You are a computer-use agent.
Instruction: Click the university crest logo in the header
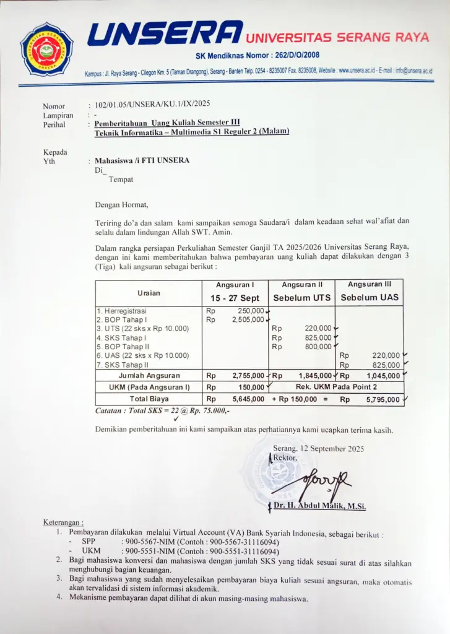(46, 48)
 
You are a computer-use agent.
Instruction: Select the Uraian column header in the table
(148, 292)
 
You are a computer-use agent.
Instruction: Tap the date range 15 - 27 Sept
(235, 298)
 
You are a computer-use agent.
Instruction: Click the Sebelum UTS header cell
(302, 297)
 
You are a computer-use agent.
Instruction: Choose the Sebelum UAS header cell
(370, 297)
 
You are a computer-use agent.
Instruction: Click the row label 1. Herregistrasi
(123, 310)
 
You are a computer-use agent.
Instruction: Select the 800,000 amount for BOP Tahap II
(318, 347)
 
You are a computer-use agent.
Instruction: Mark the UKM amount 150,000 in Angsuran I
(251, 387)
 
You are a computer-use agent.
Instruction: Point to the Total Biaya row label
(149, 399)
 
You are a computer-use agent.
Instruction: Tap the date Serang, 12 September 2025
(318, 448)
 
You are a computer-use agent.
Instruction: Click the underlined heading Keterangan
(63, 522)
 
